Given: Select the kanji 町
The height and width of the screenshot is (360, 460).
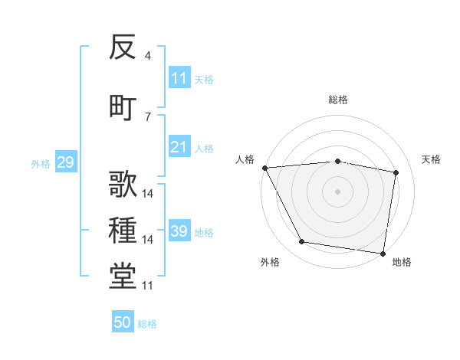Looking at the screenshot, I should (123, 106).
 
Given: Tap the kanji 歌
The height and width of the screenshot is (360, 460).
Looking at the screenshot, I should (123, 184).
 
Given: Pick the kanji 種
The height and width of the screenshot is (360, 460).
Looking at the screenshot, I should (123, 231).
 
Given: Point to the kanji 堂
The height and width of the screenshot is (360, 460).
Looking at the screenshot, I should (123, 277).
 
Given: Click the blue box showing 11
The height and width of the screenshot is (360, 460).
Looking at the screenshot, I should (179, 78).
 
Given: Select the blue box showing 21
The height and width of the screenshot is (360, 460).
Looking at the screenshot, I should (179, 148).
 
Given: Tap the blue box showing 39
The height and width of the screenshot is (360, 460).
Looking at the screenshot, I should (179, 231).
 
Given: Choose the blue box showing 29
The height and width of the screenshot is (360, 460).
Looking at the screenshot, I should (65, 162).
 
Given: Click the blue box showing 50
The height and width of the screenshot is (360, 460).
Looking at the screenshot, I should (123, 322).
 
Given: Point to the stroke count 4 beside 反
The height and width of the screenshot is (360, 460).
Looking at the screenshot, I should (147, 56).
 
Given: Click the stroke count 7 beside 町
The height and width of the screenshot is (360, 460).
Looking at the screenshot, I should (147, 116).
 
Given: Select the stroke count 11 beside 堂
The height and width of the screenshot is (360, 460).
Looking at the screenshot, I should (148, 286).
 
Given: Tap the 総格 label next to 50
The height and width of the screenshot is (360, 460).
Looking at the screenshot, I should (148, 324).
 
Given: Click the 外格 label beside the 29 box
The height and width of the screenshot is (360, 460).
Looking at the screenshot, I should (41, 163).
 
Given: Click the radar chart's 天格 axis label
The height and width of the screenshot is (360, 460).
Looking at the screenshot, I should (432, 159).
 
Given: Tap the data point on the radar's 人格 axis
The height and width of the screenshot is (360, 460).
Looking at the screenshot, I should (264, 168).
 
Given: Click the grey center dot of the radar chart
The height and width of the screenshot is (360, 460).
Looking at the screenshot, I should (337, 191).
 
